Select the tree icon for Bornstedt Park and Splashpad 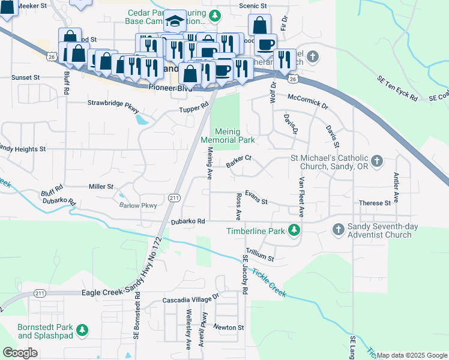83,330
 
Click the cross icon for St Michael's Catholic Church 376,161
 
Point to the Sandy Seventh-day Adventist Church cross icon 338,229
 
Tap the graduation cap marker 175,22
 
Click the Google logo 20,353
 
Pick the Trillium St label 260,256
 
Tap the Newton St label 229,328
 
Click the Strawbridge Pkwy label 113,106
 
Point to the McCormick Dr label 308,101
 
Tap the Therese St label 375,203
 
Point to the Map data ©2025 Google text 412,355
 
